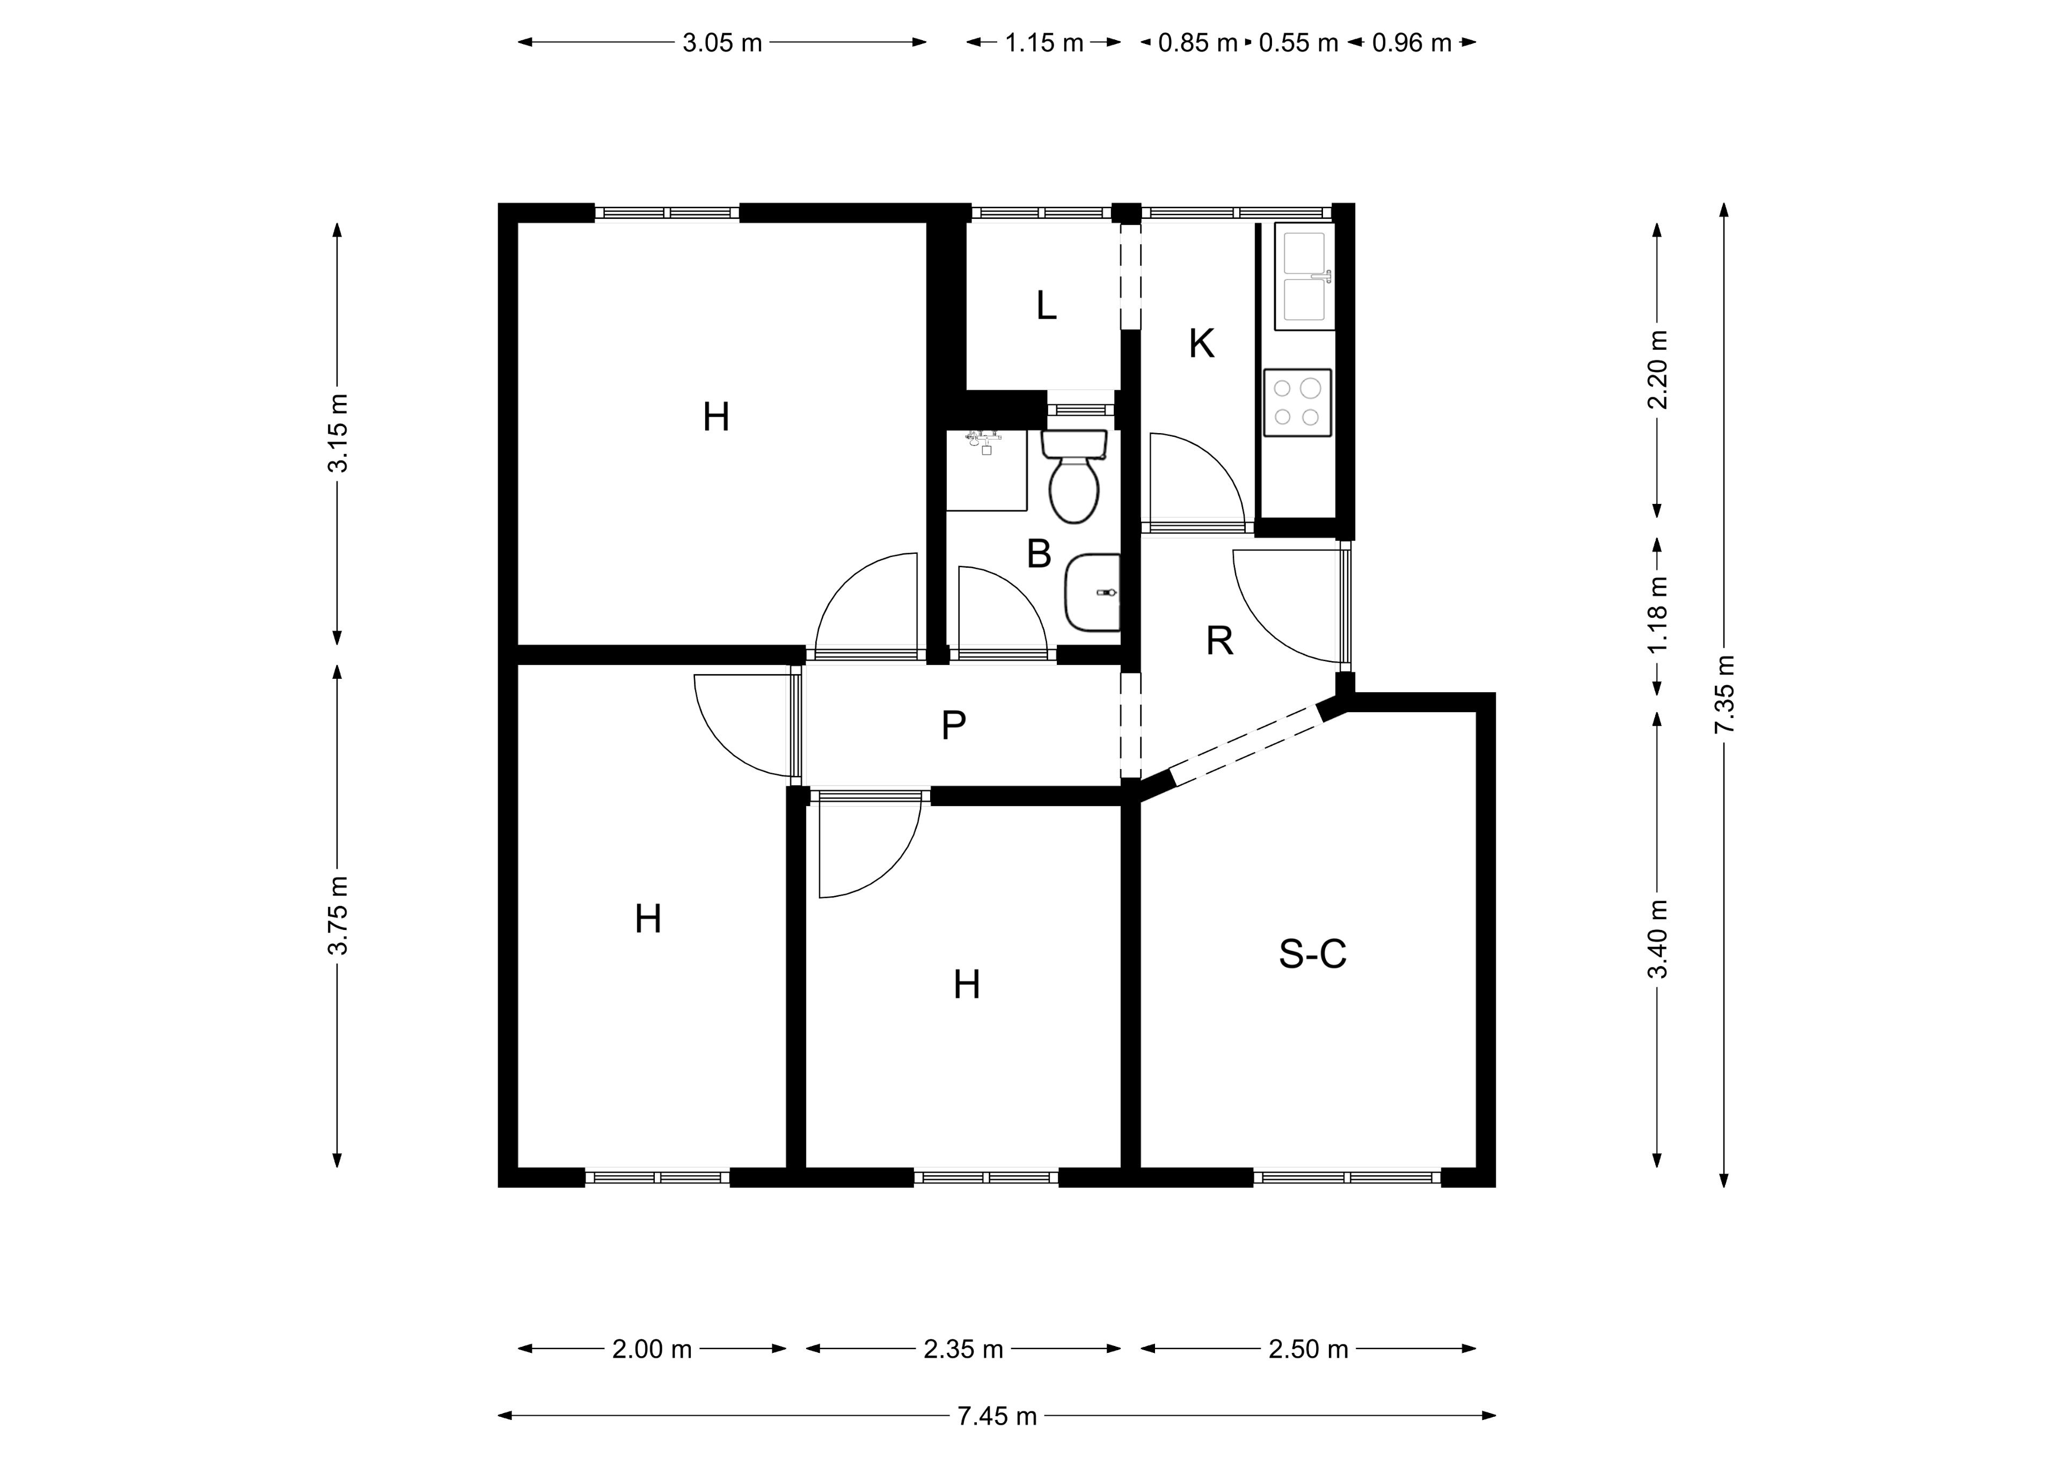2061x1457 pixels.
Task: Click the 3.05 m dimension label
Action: tap(722, 42)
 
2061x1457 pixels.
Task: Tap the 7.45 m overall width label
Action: tap(996, 1416)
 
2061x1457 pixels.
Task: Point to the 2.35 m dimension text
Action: tap(963, 1349)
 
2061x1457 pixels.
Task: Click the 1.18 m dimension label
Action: tap(1657, 615)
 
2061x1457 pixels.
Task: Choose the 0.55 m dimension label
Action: tap(1298, 42)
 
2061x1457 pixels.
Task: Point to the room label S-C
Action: tap(1312, 954)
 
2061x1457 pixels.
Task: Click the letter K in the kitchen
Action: tap(1201, 344)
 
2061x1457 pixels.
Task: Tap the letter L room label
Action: tap(1046, 306)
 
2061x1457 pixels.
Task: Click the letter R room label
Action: tap(1219, 641)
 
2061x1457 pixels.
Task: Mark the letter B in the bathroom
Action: tap(1039, 554)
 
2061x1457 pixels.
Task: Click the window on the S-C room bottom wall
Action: tap(1347, 1177)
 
